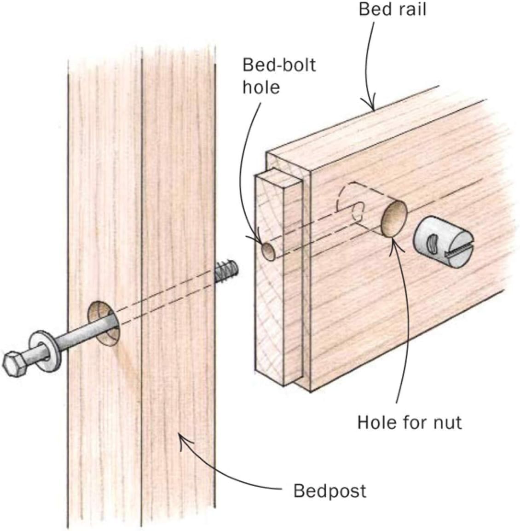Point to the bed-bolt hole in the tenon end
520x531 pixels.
click(x=269, y=251)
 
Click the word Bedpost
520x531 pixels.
click(x=329, y=490)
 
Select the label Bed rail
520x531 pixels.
click(x=392, y=9)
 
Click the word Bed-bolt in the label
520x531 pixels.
click(x=279, y=65)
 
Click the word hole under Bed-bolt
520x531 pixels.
click(x=261, y=88)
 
